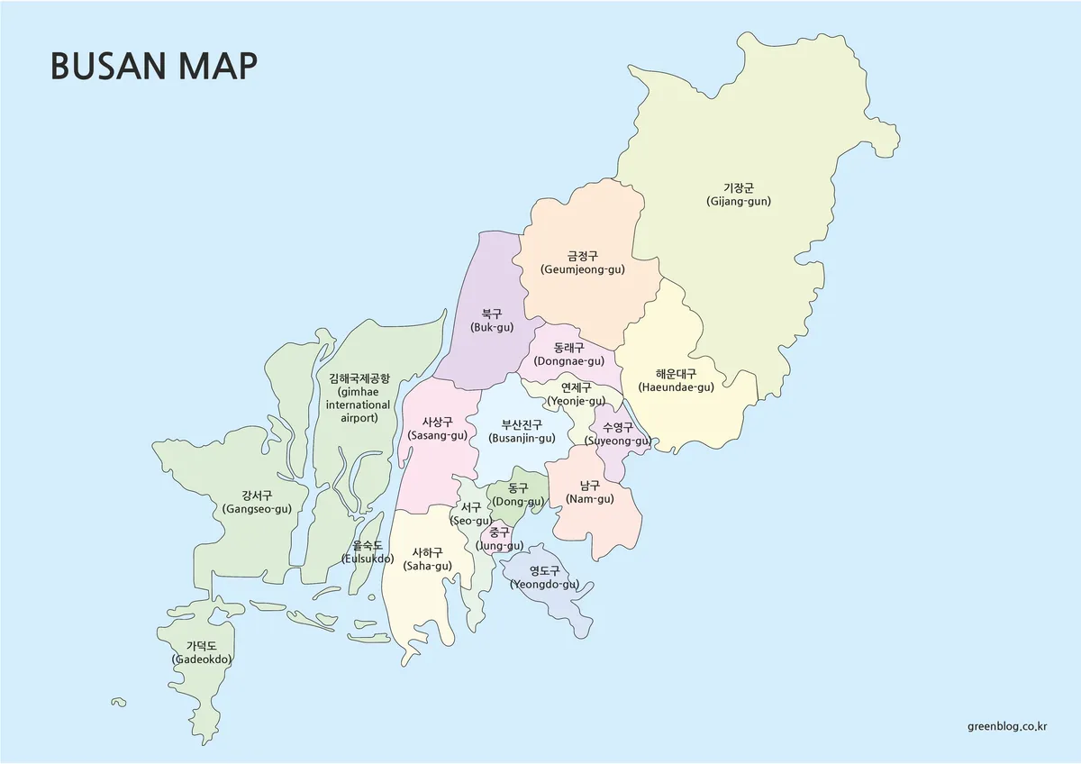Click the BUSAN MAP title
[154, 66]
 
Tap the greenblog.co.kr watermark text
[1007, 726]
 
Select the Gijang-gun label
[738, 195]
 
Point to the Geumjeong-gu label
[582, 262]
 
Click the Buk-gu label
[492, 321]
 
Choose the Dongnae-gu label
[568, 354]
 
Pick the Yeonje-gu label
[576, 394]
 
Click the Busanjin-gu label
[522, 432]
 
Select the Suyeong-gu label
[617, 434]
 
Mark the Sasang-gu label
[437, 429]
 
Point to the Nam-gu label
[590, 492]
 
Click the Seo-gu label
[471, 514]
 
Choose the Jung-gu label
[499, 539]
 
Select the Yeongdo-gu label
[544, 577]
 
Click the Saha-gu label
[427, 559]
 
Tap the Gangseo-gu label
[257, 502]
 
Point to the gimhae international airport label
[359, 398]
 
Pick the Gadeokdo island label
[202, 652]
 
